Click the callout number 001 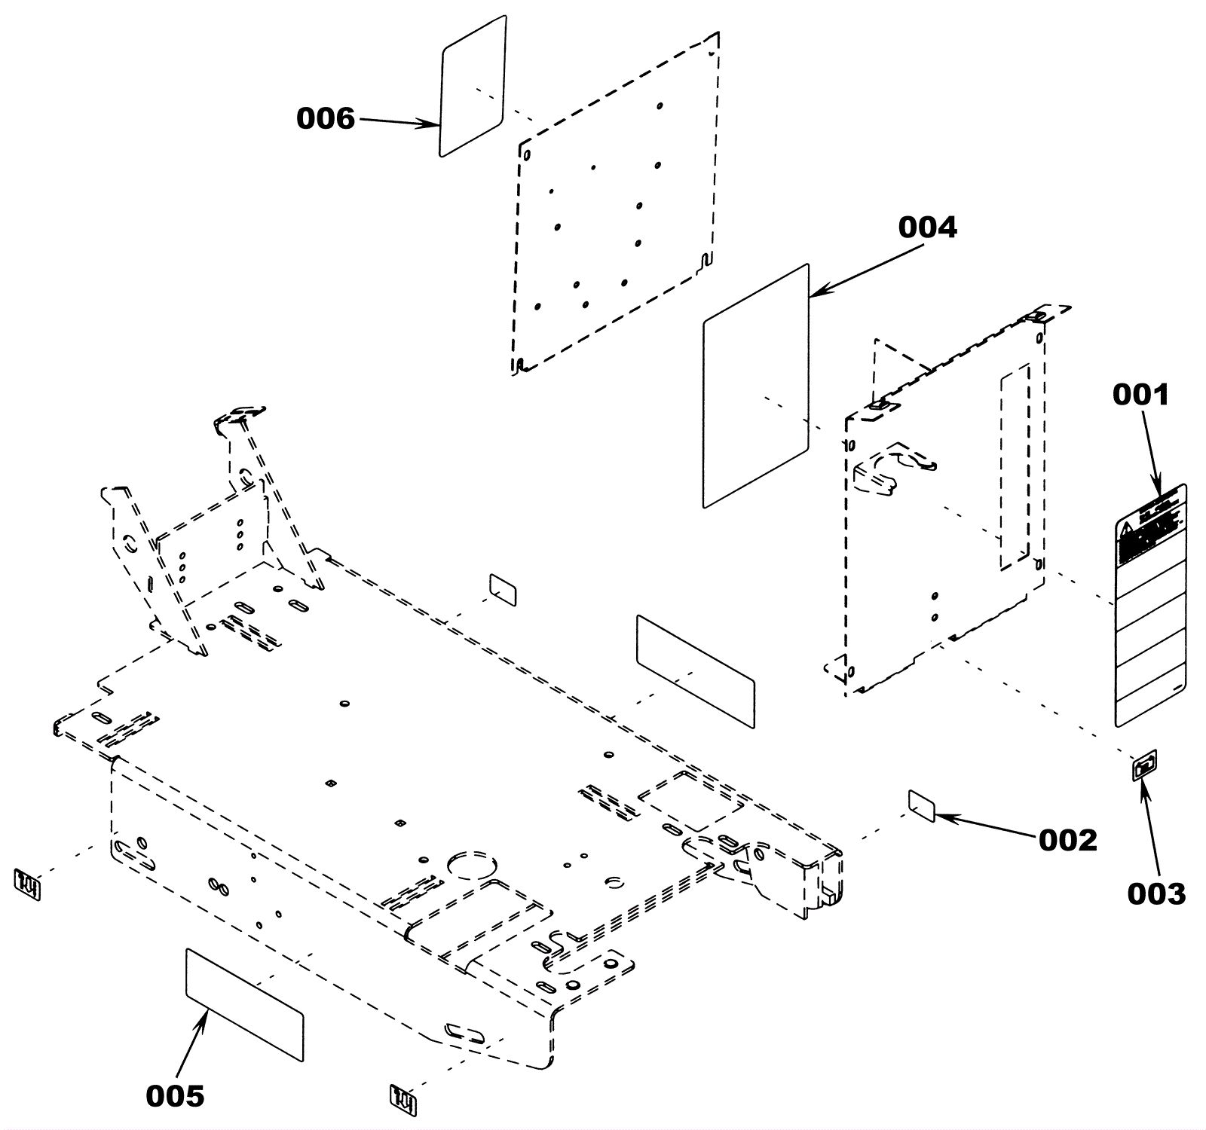(x=1141, y=395)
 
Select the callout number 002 (x=1067, y=840)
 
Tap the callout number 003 (x=1156, y=893)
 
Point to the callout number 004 (x=927, y=227)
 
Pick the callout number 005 (x=175, y=1096)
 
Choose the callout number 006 (x=325, y=118)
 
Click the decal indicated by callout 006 (x=472, y=86)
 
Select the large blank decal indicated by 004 (x=755, y=386)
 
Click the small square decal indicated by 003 (x=1144, y=767)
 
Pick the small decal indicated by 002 (x=922, y=806)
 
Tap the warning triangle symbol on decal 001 (x=1127, y=527)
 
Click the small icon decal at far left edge (x=28, y=883)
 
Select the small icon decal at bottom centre (x=403, y=1100)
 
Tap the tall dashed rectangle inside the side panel (x=1015, y=467)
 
